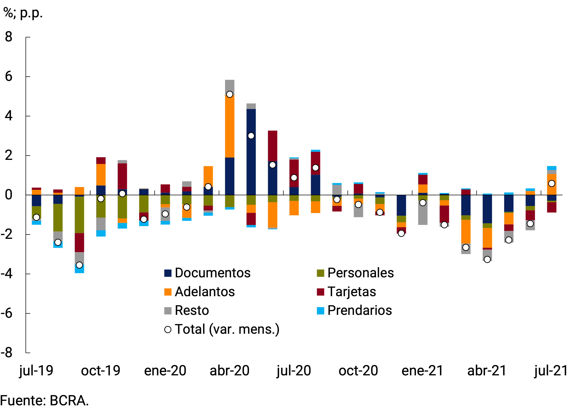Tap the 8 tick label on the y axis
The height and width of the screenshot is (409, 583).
tap(9, 37)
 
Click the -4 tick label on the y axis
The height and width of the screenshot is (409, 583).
tap(7, 274)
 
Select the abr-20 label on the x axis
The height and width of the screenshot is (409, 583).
tap(230, 371)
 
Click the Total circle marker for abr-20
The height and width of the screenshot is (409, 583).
tap(230, 95)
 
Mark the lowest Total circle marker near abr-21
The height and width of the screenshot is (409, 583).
tap(487, 260)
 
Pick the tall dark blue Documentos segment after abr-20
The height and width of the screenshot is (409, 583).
tap(251, 152)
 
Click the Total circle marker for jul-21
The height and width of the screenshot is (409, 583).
tap(552, 183)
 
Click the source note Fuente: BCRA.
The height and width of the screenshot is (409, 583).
tap(45, 401)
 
